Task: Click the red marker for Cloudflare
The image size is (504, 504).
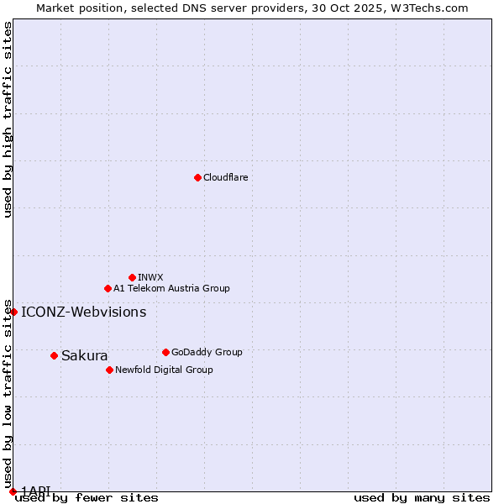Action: point(197,177)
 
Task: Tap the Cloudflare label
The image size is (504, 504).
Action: point(225,177)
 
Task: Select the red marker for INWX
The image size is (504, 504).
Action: point(132,277)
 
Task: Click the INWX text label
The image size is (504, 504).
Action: point(150,277)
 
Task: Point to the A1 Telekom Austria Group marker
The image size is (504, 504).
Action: point(108,288)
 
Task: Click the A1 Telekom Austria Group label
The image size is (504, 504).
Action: point(171,288)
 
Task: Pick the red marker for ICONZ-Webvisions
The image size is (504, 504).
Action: point(13,312)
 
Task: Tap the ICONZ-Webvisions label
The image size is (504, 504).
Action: point(83,312)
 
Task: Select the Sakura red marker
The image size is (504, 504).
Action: point(54,355)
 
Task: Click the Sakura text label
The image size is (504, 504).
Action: point(84,355)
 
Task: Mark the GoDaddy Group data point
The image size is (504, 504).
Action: point(165,352)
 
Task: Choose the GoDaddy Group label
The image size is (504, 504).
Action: point(206,352)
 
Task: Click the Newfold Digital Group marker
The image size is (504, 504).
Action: point(109,370)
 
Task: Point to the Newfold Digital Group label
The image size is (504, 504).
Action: point(164,370)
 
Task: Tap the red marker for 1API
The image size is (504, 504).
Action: point(13,491)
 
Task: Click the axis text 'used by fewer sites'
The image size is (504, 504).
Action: point(87,498)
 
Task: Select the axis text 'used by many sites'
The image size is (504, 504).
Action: point(422,498)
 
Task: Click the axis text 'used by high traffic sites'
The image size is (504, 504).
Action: point(8,119)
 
